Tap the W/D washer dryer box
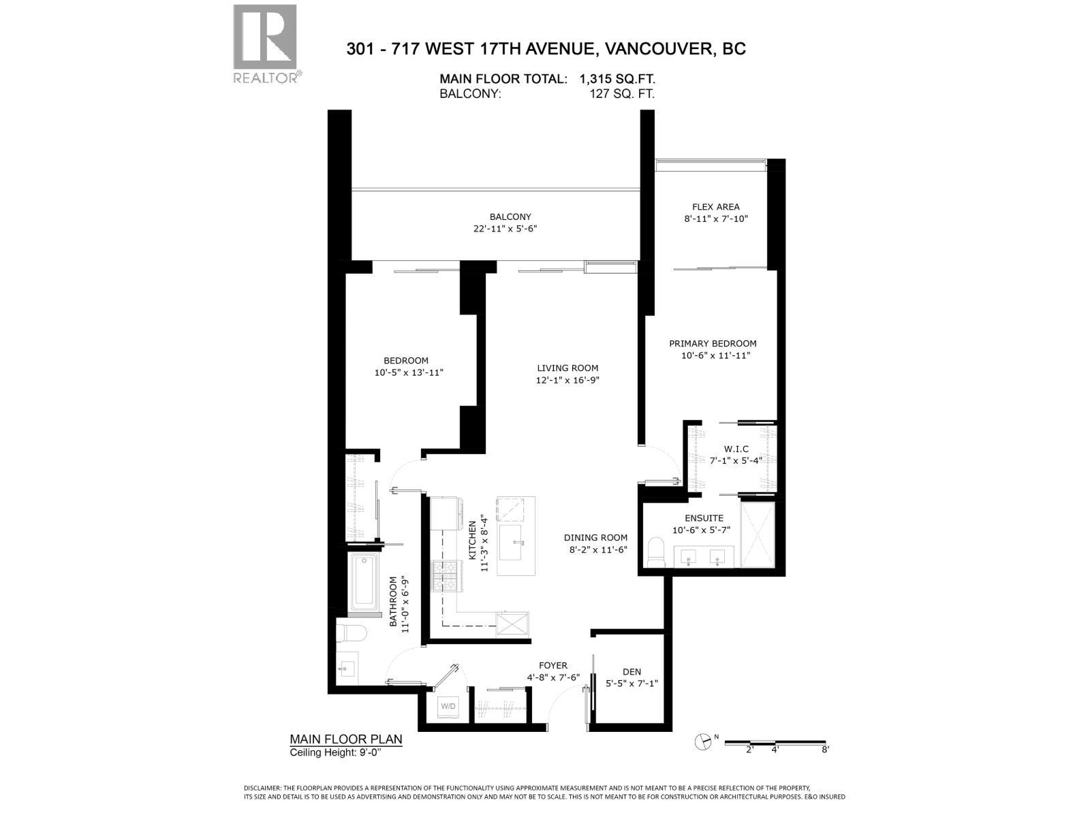[x=448, y=706]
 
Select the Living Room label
[x=567, y=368]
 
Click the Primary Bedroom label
[x=712, y=344]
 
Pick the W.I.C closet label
[x=736, y=449]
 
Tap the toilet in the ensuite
[x=655, y=552]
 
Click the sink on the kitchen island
[x=516, y=542]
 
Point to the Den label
[x=632, y=672]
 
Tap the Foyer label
[x=552, y=666]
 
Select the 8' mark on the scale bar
[x=825, y=750]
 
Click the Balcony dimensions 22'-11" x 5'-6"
[x=505, y=229]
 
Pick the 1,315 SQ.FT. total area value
[x=617, y=79]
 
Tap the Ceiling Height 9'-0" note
[x=335, y=752]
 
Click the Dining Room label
[x=595, y=538]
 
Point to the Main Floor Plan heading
[x=346, y=739]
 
